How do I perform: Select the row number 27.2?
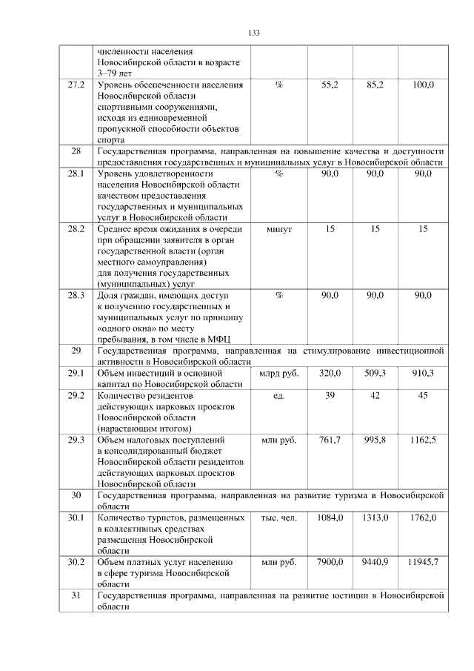76,86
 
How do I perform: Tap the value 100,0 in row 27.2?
423,86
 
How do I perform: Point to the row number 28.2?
76,230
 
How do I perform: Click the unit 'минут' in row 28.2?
278,230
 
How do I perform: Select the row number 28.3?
76,296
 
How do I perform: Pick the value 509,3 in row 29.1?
375,373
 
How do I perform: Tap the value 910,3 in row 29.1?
423,373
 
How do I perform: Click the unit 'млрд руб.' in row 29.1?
278,373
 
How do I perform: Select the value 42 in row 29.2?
375,395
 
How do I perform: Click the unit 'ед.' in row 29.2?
278,395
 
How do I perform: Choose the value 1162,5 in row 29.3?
423,440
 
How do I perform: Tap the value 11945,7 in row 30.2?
423,562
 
